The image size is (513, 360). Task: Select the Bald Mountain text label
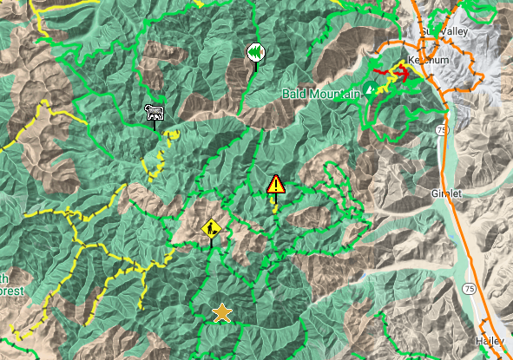click(x=320, y=93)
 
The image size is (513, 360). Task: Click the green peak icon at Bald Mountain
click(x=371, y=88)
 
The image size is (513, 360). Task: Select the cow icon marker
click(x=155, y=112)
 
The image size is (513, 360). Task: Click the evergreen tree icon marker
click(x=253, y=52)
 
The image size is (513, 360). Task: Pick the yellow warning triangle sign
click(x=276, y=184)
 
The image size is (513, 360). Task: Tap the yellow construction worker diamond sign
click(x=212, y=228)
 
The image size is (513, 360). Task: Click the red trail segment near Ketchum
click(x=404, y=73)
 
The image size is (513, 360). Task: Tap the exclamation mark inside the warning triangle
click(x=276, y=185)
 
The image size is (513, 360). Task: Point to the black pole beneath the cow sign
click(x=155, y=125)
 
